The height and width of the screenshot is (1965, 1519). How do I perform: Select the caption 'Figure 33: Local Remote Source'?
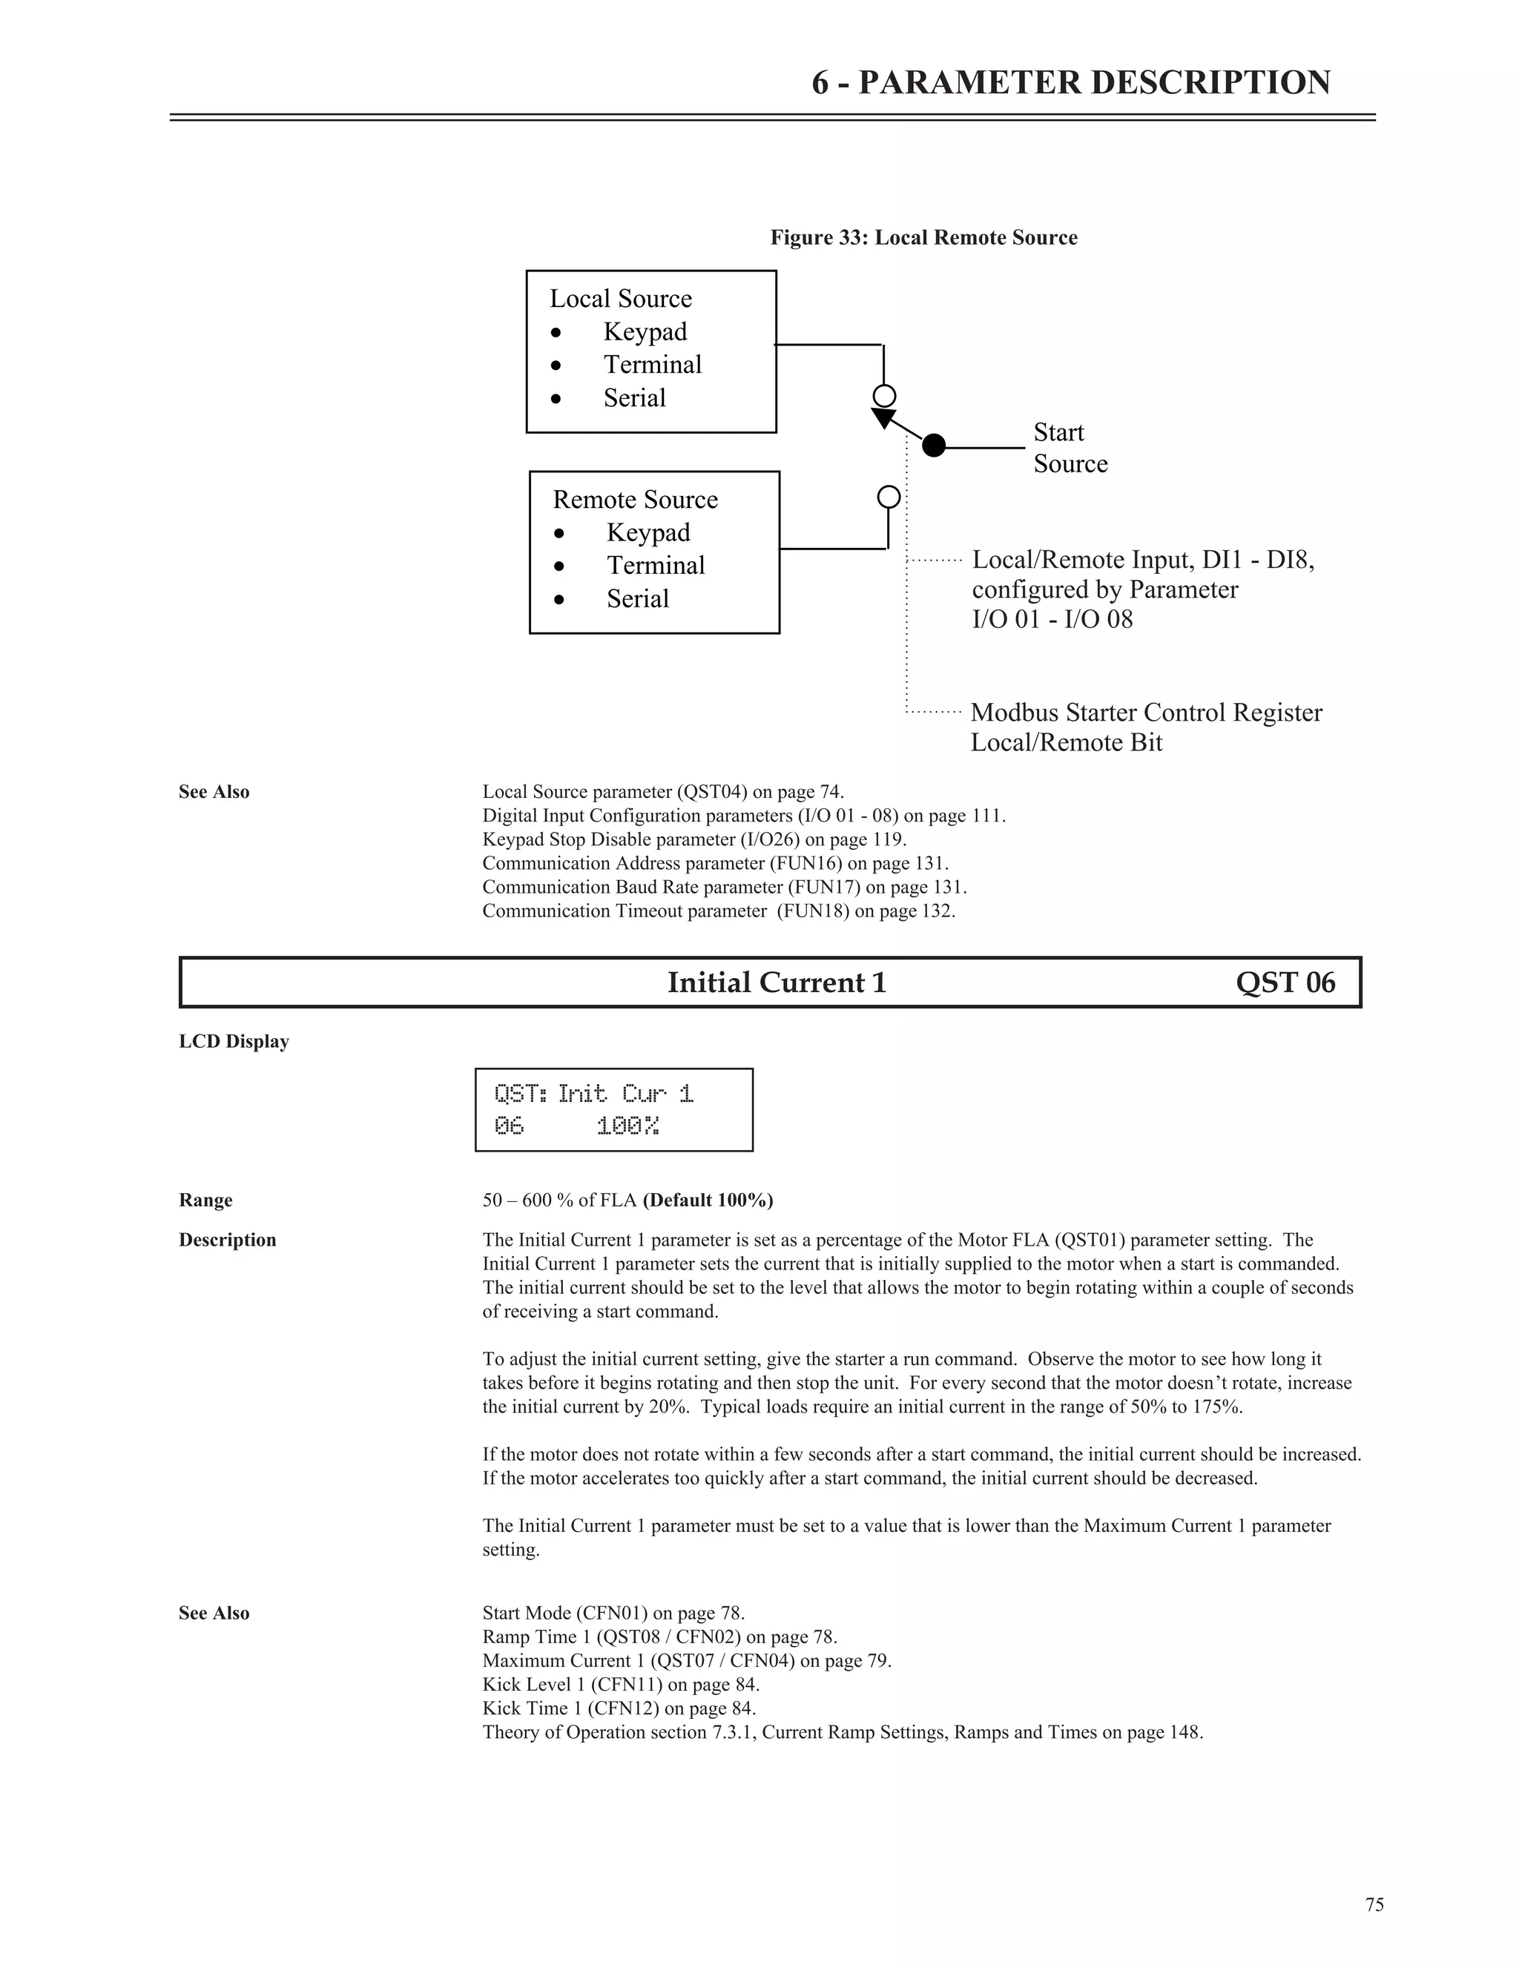pos(923,237)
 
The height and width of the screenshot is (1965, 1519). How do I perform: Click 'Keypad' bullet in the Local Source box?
pos(645,332)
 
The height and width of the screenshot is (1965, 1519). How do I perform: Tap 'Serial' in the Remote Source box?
pos(637,598)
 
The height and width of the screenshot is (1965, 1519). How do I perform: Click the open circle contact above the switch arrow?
pos(885,396)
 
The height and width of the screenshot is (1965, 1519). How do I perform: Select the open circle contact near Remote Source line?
pos(888,497)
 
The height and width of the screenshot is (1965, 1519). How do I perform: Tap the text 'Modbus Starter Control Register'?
pos(1145,713)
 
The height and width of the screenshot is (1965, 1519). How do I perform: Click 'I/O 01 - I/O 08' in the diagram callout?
pos(1052,619)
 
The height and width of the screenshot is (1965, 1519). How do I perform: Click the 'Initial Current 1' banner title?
pos(777,982)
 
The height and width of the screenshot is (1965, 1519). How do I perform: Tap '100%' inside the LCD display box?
pos(627,1126)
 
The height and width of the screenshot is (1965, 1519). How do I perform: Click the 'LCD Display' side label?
pos(233,1041)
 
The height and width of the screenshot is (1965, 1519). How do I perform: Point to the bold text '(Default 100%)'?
pos(708,1201)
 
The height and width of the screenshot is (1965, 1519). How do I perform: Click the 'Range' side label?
pos(205,1201)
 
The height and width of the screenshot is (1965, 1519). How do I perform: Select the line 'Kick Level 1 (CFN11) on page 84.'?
pos(621,1684)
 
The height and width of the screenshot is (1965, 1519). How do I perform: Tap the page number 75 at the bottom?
pos(1374,1905)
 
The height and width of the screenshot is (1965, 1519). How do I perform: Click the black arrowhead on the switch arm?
pos(883,418)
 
